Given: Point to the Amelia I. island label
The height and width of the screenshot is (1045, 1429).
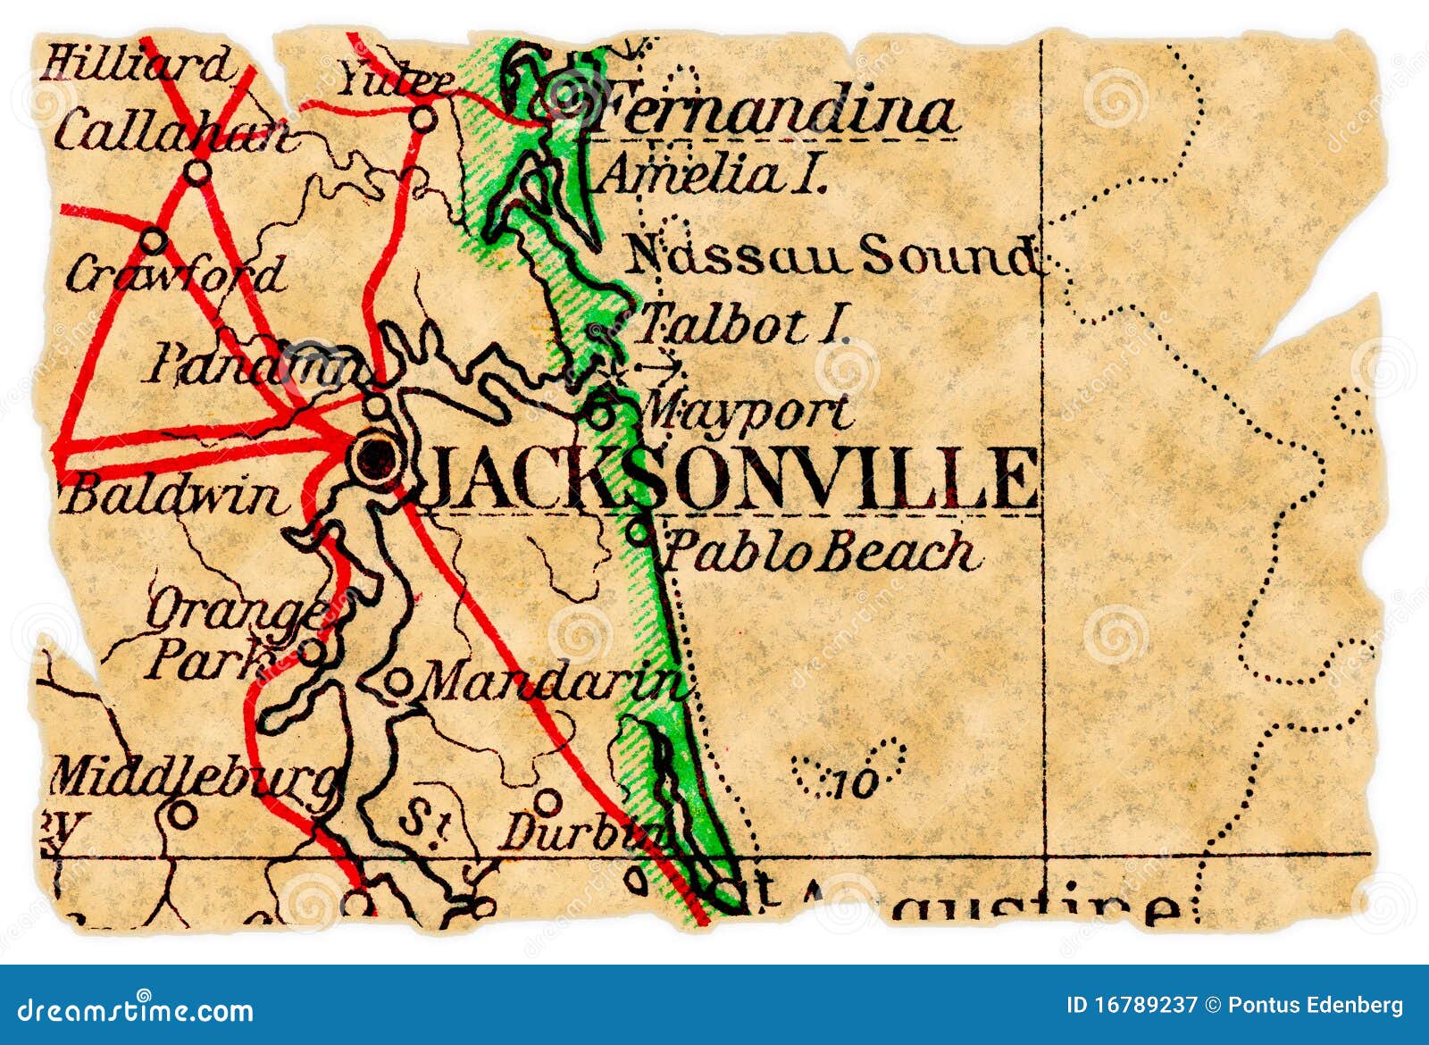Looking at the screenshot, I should click(710, 175).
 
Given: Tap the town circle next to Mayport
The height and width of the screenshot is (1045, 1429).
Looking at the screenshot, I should click(600, 414).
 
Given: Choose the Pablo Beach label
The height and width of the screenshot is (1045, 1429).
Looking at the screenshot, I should click(822, 552).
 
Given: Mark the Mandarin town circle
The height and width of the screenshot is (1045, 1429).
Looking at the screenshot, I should click(397, 683).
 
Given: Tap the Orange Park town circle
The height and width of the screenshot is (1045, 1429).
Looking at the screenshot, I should click(311, 652).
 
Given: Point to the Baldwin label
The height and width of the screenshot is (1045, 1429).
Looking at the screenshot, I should click(174, 496).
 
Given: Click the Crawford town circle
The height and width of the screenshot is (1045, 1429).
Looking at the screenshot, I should click(154, 240).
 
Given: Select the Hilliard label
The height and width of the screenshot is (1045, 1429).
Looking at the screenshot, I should click(136, 64).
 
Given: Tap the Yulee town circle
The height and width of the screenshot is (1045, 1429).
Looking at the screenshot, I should click(422, 118).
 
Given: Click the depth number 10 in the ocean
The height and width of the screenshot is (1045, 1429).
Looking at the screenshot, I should click(856, 784).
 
